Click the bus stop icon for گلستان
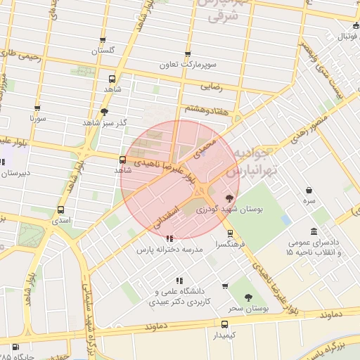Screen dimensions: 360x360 (103, 41)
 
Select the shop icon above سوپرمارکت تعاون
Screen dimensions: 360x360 (187, 54)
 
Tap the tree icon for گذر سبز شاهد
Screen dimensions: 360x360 (105, 112)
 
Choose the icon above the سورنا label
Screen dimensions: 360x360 (37, 108)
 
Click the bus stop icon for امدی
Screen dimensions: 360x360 (60, 210)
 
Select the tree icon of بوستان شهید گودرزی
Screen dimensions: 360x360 (229, 198)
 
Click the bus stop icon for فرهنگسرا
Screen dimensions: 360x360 (230, 234)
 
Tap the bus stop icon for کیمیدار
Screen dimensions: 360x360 (224, 324)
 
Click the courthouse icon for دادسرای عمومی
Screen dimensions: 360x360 (313, 231)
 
